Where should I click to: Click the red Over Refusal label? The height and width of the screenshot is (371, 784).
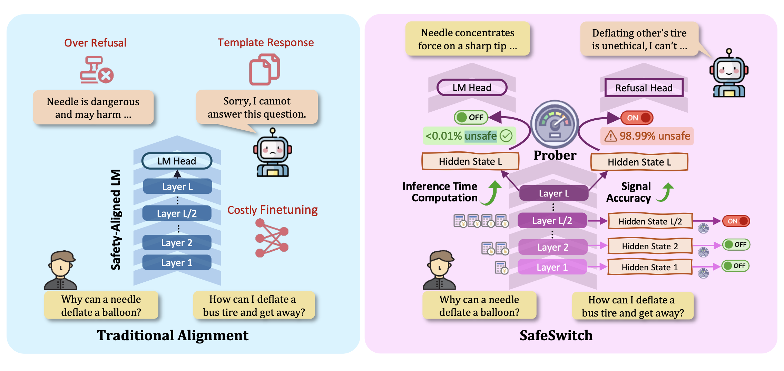coord(95,43)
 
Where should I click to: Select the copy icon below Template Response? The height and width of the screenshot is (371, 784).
coord(264,69)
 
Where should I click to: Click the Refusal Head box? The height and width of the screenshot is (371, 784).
coord(644,88)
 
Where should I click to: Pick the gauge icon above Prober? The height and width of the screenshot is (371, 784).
coord(555,124)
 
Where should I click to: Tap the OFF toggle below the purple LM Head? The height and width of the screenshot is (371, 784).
coord(471,117)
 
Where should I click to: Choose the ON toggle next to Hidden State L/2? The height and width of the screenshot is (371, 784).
coord(736,221)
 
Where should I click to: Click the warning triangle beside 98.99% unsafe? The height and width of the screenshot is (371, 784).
coord(610,136)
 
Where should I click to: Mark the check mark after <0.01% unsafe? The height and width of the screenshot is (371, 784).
coord(506,136)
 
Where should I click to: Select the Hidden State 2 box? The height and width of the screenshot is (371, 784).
coord(650,246)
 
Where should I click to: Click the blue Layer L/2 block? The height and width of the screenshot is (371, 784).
coord(177,213)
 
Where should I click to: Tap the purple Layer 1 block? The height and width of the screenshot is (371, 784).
coord(552,267)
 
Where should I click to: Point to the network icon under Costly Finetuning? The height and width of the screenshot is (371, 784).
coord(272,238)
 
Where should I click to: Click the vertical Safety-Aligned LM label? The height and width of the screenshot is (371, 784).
coord(116,220)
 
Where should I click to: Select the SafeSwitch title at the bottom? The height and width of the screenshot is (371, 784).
coord(556,335)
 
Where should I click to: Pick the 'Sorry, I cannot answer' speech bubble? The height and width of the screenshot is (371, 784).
coord(257,107)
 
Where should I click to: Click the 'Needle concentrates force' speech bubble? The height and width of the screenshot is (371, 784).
coord(468,39)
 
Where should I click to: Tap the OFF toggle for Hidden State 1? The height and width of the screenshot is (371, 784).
coord(735,266)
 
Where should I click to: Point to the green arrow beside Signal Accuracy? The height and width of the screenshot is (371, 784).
coord(666,192)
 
